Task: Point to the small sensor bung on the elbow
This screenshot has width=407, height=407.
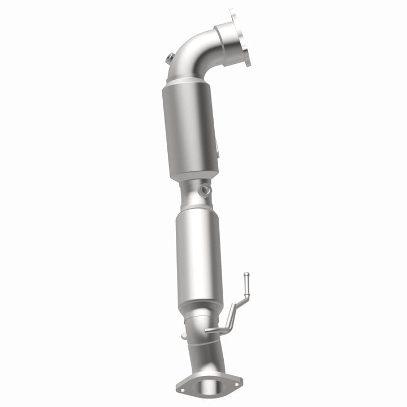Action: [x=169, y=58]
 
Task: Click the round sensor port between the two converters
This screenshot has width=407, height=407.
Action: [x=203, y=190]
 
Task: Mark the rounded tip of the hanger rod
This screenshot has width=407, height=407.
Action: [x=245, y=276]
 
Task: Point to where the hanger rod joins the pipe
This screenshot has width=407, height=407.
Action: [x=209, y=330]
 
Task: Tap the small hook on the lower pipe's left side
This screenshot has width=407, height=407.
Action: [x=184, y=336]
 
